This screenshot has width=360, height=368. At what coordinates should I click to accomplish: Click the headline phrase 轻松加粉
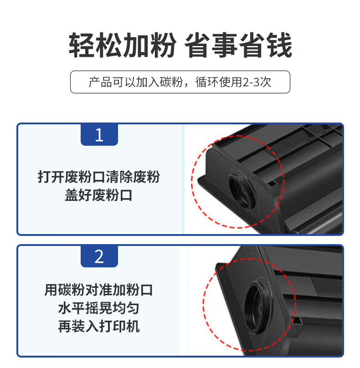tap(122, 45)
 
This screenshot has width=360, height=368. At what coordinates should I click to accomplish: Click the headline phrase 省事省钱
tap(238, 45)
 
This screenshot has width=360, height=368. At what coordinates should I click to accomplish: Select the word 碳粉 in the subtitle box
tap(171, 82)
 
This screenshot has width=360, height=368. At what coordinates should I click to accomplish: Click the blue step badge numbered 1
tap(99, 135)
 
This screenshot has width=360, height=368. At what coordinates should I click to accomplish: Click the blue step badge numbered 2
tap(99, 256)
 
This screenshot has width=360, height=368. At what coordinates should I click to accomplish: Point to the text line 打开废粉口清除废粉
tap(99, 177)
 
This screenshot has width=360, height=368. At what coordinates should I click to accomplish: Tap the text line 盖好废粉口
tap(98, 195)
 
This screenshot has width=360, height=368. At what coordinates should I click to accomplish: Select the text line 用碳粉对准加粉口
tap(99, 290)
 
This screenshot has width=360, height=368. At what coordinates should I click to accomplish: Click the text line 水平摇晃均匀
tap(98, 308)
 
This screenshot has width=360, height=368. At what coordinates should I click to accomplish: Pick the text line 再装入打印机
tap(99, 326)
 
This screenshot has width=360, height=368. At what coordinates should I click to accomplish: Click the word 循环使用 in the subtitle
tap(219, 82)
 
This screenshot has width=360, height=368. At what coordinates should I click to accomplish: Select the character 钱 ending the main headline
tap(279, 45)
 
